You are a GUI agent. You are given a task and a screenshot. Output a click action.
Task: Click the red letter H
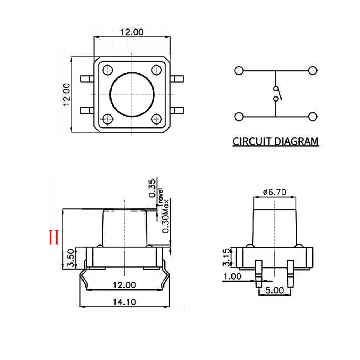(54, 238)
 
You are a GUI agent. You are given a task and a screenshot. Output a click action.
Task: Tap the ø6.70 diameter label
(274, 192)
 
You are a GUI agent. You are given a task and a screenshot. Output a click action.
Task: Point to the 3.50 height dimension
(72, 258)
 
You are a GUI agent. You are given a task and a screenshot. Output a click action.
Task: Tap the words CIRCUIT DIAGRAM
(275, 141)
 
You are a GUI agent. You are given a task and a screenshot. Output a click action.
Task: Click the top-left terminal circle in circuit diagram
(238, 70)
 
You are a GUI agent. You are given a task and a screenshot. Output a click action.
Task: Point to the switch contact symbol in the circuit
(276, 94)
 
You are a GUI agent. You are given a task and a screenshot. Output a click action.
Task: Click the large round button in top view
(132, 94)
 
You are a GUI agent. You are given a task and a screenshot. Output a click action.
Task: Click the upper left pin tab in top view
(87, 78)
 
